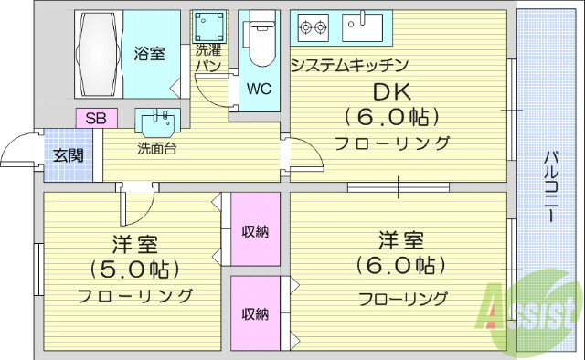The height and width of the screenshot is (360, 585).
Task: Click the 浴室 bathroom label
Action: (x=149, y=54)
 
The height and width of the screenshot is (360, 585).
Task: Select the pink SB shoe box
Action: (x=95, y=118)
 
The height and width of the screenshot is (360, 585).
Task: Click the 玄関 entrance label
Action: (x=68, y=154)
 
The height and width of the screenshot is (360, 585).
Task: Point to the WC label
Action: (x=258, y=90)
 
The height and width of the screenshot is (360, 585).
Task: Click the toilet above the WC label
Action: (x=258, y=41)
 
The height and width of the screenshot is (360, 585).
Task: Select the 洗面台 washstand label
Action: (x=156, y=147)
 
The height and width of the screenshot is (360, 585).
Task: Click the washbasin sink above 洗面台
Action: (x=158, y=121)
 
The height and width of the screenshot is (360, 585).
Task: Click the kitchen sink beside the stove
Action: (x=367, y=27)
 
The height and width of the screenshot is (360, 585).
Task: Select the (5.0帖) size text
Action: (x=134, y=270)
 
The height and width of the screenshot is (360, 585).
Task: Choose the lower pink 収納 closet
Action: (x=255, y=313)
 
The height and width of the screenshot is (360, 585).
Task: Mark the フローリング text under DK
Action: (x=392, y=143)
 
